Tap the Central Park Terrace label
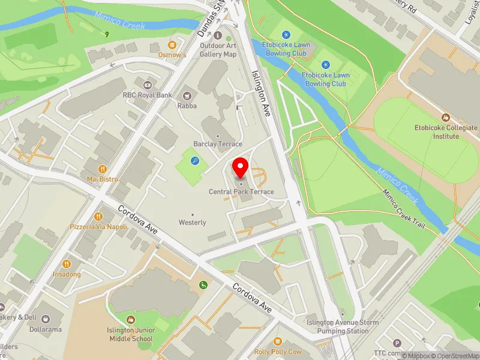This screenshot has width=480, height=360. click(241, 192)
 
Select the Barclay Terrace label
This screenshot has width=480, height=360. click(218, 144)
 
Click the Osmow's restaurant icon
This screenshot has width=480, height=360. click(172, 44)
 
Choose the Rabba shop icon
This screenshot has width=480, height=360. click(187, 95)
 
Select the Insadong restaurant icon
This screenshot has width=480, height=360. click(67, 263)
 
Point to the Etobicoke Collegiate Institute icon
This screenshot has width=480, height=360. click(445, 117)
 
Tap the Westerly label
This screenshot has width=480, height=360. click(193, 223)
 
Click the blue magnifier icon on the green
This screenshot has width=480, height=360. click(196, 160)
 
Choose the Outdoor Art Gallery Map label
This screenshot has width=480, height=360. click(218, 50)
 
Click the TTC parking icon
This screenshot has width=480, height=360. click(397, 343)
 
